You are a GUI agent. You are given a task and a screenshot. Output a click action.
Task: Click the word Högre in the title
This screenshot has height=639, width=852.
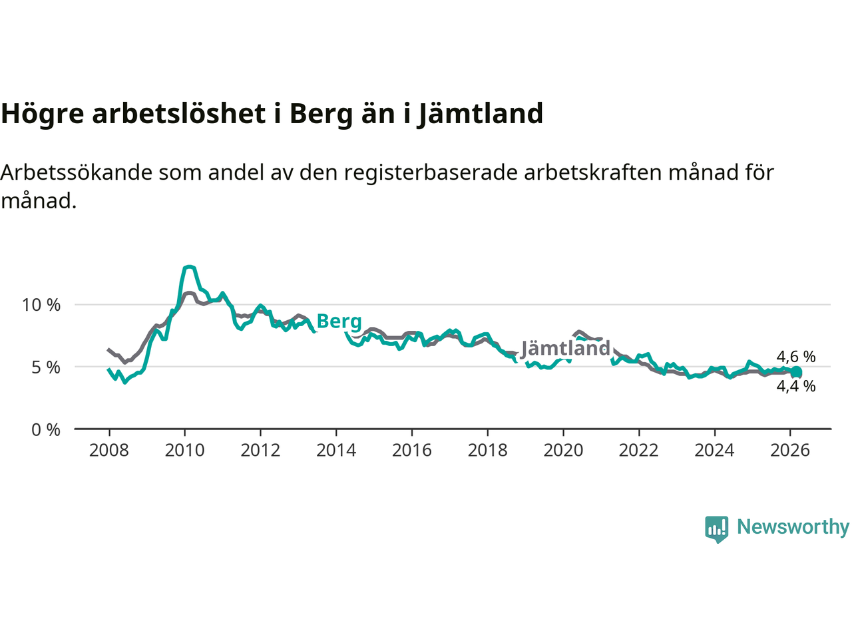43,114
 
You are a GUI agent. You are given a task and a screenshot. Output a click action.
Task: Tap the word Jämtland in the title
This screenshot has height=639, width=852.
481,114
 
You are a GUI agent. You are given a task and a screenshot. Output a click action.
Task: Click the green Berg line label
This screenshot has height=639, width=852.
339,321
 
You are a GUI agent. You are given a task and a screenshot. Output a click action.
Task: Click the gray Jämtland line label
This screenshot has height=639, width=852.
565,348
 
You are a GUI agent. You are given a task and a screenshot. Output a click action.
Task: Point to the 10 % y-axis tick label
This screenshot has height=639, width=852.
41,305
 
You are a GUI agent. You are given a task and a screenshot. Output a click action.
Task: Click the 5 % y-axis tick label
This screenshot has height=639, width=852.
46,367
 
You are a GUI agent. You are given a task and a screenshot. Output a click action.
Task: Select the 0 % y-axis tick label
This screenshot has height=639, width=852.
46,430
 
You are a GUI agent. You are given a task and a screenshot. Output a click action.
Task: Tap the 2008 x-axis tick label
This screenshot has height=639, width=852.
109,451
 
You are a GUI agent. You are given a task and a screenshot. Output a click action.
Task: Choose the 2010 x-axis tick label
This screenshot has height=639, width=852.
184,451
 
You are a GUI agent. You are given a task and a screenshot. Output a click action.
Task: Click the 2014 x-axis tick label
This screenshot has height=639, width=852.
336,451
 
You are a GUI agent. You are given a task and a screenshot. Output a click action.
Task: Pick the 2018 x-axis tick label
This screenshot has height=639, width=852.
487,451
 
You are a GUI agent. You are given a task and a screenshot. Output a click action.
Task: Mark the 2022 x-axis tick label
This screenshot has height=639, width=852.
638,451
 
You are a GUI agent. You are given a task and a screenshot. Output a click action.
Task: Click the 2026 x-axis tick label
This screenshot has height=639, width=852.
790,451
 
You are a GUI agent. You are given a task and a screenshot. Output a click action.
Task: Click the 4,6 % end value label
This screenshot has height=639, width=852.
796,357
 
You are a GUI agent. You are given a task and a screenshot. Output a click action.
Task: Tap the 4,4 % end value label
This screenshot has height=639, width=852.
796,386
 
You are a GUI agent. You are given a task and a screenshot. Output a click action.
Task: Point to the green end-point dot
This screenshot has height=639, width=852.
796,372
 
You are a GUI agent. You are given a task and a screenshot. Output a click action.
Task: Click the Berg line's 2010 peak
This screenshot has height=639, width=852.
190,267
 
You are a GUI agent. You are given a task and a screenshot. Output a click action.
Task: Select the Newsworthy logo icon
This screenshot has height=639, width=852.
717,529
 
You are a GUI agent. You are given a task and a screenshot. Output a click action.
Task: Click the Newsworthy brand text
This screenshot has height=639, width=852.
793,527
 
